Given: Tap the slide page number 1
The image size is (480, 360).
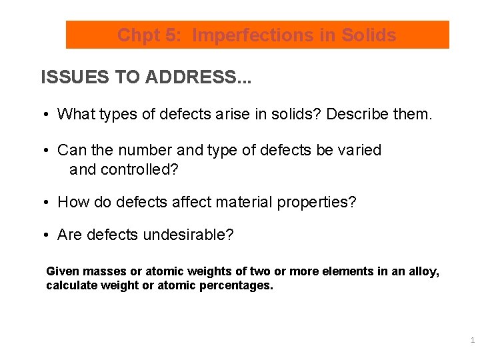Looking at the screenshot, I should [x=472, y=340].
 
